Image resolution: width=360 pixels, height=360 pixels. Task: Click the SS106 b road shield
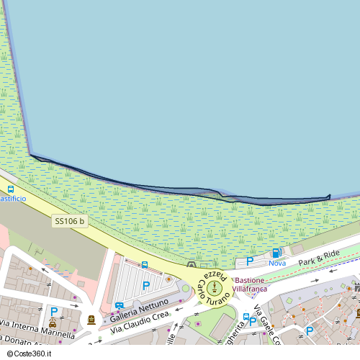[x=70, y=222]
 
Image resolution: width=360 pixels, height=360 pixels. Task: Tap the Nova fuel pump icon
[x=276, y=253]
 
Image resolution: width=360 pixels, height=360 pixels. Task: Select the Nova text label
[x=277, y=263]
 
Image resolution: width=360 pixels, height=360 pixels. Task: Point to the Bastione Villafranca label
[x=251, y=284]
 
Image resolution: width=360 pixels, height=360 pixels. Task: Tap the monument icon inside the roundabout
[x=213, y=289]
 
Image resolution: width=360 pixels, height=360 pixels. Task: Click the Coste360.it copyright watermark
[x=31, y=354]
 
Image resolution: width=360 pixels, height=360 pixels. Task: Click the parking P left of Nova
[x=250, y=261]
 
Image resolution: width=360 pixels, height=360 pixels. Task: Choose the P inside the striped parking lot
[x=146, y=286]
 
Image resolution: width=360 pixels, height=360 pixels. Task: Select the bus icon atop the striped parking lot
[x=145, y=264]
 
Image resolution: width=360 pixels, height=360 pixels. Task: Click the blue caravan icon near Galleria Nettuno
[x=119, y=305]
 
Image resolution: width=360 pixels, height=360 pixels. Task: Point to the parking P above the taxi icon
[x=53, y=312]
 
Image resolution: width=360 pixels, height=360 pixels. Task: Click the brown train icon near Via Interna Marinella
[x=91, y=319]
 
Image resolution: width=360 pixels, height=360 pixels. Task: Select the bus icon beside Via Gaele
[x=246, y=317]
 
